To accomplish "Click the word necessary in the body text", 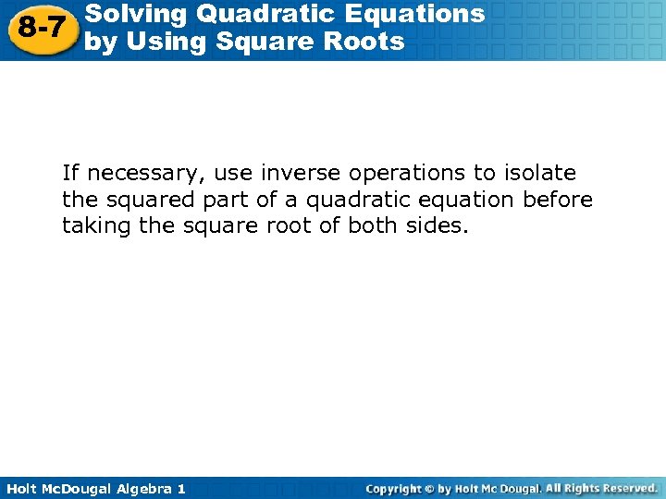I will click(146, 173).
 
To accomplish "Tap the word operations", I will click(404, 173).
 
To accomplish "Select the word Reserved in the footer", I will click(627, 488).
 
